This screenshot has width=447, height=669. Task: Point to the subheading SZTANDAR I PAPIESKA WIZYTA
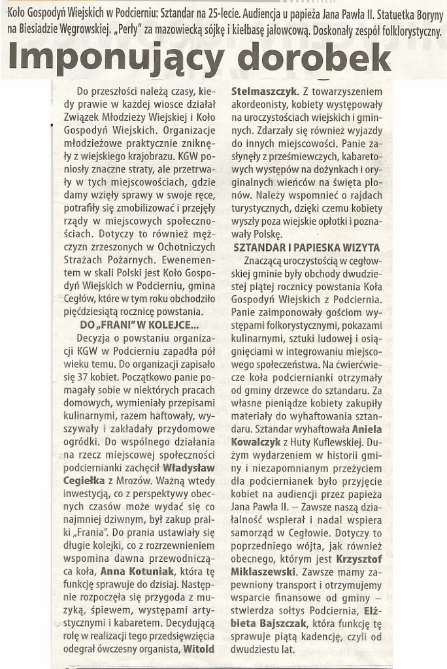coord(306,248)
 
